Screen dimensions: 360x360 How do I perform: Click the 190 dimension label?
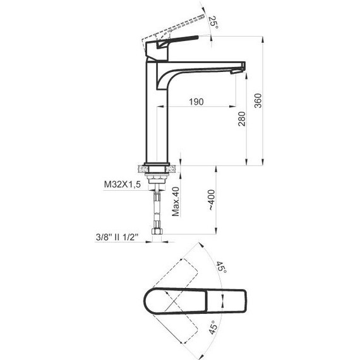pyautogui.click(x=196, y=102)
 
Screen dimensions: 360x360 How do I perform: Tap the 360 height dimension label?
pyautogui.click(x=258, y=100)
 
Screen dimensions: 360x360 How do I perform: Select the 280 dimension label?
pyautogui.click(x=241, y=119)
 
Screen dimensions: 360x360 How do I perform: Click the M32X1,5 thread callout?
pyautogui.click(x=123, y=184)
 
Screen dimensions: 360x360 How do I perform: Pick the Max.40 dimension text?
pyautogui.click(x=176, y=201)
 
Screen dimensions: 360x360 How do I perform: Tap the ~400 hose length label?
pyautogui.click(x=212, y=200)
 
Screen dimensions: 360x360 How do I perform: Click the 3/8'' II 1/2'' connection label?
pyautogui.click(x=117, y=237)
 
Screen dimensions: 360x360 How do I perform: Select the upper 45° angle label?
pyautogui.click(x=222, y=267)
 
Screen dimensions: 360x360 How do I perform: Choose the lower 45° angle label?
pyautogui.click(x=213, y=327)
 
